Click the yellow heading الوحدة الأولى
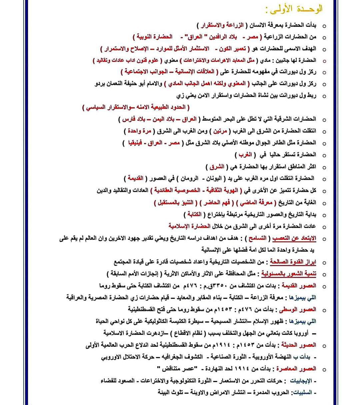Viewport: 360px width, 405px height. pyautogui.click(x=294, y=9)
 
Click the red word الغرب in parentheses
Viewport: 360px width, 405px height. pyautogui.click(x=245, y=155)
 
